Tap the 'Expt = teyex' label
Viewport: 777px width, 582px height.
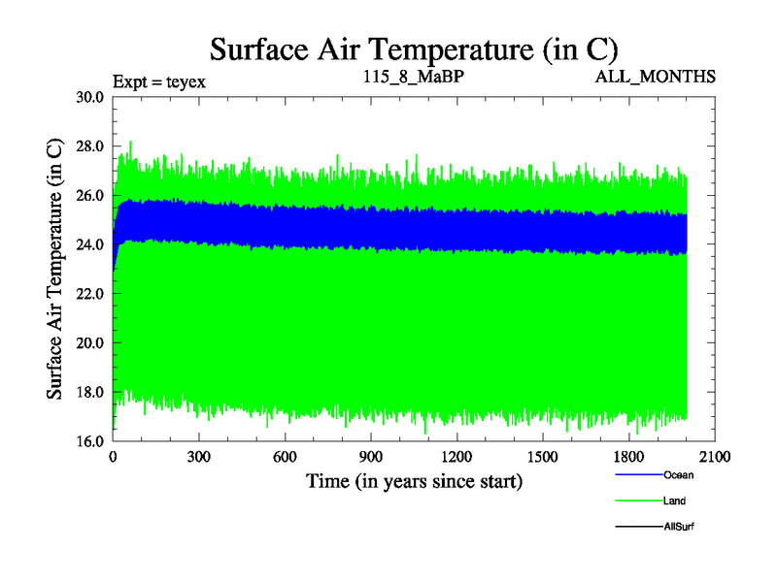click(x=158, y=81)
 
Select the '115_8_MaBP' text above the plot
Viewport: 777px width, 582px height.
click(x=413, y=76)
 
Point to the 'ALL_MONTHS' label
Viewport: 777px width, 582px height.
click(x=656, y=76)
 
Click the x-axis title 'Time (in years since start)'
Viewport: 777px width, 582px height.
click(x=414, y=481)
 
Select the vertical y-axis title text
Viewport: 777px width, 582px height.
click(x=56, y=269)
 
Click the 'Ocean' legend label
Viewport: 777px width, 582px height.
click(x=678, y=475)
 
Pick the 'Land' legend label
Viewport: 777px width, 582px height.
click(x=675, y=501)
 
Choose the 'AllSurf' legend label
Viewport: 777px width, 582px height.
click(x=678, y=527)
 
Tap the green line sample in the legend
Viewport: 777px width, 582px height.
click(x=638, y=501)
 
